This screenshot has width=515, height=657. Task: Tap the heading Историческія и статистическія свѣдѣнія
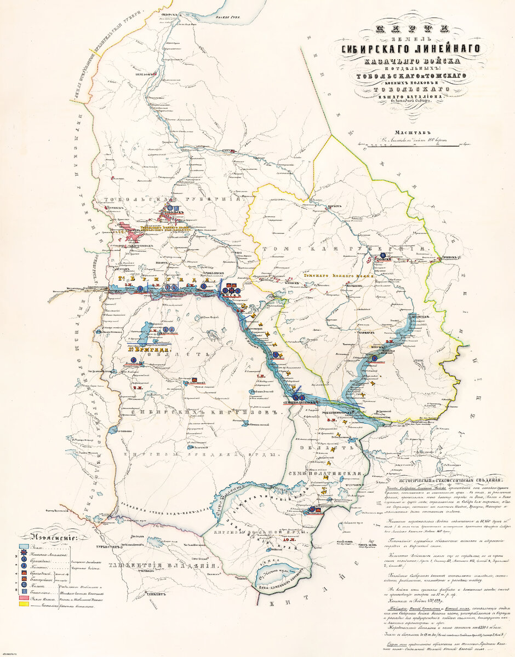[x=443, y=477]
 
